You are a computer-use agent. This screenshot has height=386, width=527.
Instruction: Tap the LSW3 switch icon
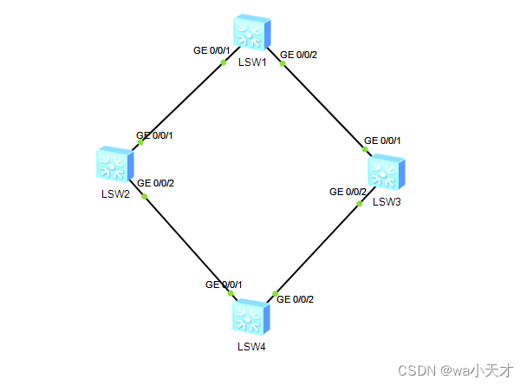pyautogui.click(x=386, y=173)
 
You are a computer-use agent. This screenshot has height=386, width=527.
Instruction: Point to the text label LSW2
pyautogui.click(x=114, y=193)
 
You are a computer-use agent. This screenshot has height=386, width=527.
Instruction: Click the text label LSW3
pyautogui.click(x=387, y=202)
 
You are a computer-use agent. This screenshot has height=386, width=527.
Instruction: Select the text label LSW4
pyautogui.click(x=251, y=347)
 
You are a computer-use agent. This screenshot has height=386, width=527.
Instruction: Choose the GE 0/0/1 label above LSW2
pyautogui.click(x=155, y=135)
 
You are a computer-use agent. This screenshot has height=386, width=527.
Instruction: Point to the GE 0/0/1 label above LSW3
pyautogui.click(x=383, y=140)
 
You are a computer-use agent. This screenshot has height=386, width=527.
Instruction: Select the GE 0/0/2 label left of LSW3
pyautogui.click(x=348, y=192)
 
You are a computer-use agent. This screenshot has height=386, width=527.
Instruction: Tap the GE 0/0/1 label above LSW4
pyautogui.click(x=224, y=285)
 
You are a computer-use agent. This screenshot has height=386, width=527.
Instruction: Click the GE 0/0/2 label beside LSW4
pyautogui.click(x=295, y=299)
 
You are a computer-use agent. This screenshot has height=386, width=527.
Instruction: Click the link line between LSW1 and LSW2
pyautogui.click(x=182, y=101)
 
